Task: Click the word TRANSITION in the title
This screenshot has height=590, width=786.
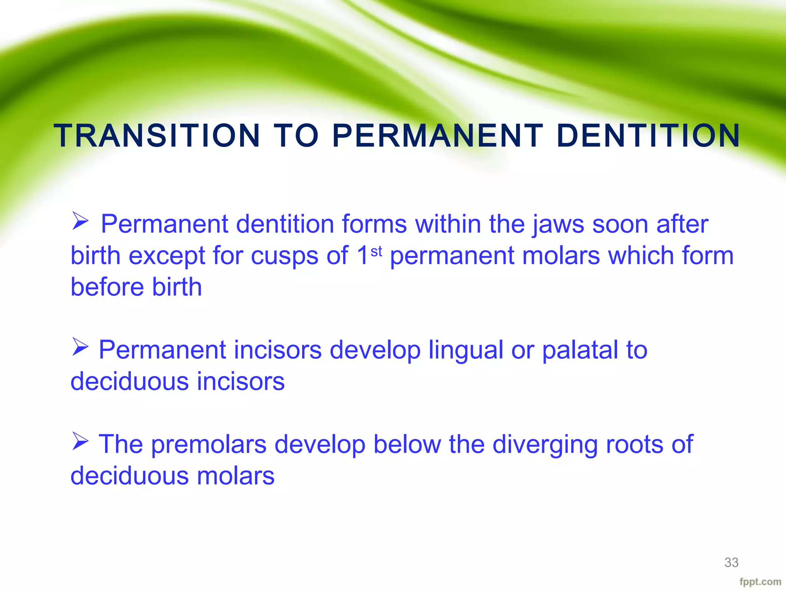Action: click(157, 136)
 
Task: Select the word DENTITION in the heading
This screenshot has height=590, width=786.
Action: click(648, 136)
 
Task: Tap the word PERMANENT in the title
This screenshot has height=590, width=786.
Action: click(438, 136)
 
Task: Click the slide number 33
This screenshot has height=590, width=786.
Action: click(731, 562)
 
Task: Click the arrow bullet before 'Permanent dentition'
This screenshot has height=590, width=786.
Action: click(80, 222)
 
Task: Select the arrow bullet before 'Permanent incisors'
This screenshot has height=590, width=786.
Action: click(80, 347)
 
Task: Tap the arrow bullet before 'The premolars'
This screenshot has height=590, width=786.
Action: click(80, 442)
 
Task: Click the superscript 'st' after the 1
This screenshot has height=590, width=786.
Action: click(376, 252)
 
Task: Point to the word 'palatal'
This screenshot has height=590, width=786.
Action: click(580, 350)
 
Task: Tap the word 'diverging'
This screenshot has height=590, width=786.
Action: click(545, 445)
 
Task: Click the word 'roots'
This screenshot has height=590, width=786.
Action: click(634, 445)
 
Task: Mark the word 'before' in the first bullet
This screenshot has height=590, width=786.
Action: click(107, 287)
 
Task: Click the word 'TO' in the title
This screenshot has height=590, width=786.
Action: click(296, 136)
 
